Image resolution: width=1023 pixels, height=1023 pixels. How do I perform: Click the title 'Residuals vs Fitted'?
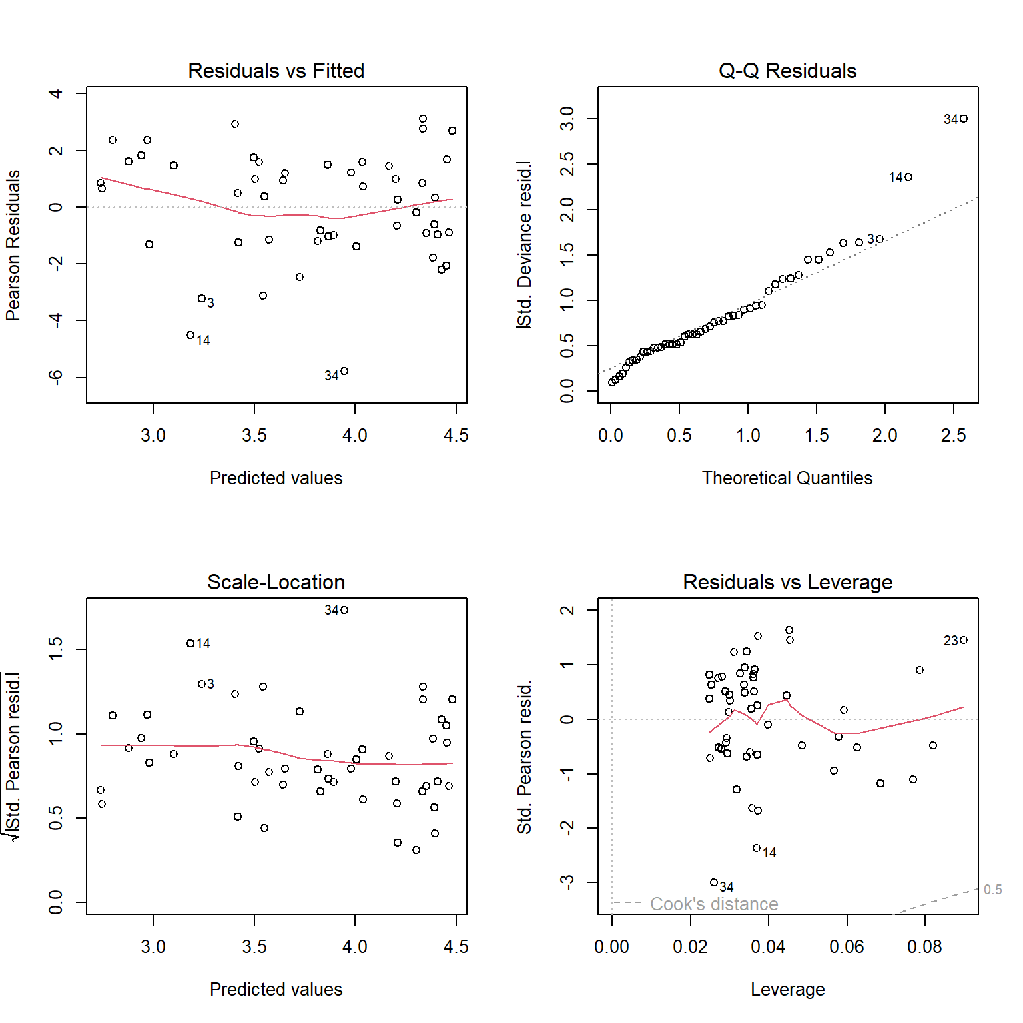(x=276, y=71)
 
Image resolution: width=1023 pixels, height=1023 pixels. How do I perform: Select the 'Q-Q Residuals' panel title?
(x=787, y=71)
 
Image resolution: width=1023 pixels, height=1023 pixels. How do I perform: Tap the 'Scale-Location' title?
(x=276, y=582)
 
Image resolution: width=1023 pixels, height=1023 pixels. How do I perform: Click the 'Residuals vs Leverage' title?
(x=787, y=582)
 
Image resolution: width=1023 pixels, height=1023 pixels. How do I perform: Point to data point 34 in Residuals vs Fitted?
(x=344, y=371)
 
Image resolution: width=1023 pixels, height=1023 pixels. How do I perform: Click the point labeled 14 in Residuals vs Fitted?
(x=190, y=335)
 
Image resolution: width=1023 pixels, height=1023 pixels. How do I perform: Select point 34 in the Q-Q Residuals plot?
(x=964, y=119)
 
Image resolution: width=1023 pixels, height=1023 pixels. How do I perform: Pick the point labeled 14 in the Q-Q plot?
(x=908, y=177)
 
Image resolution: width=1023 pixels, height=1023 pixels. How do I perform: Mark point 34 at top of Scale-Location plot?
(x=344, y=610)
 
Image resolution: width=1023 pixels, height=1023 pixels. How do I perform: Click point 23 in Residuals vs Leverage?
(x=964, y=640)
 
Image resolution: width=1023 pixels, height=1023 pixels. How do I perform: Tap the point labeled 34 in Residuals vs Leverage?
(x=714, y=882)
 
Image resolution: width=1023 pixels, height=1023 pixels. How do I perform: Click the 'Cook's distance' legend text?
(x=714, y=904)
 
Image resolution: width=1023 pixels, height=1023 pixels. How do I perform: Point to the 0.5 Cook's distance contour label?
(x=992, y=890)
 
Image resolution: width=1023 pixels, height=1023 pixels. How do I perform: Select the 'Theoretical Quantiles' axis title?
(x=787, y=478)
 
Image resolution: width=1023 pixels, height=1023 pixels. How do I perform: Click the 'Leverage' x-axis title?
(x=787, y=990)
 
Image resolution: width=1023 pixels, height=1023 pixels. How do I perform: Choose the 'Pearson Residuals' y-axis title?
(x=13, y=245)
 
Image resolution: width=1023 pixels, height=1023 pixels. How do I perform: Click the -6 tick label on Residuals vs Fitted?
(x=56, y=378)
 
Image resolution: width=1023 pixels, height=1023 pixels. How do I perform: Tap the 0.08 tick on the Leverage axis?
(x=924, y=947)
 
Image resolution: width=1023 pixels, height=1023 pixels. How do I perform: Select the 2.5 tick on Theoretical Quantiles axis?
(x=953, y=436)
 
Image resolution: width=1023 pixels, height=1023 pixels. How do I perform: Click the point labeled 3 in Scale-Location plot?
(x=202, y=684)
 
